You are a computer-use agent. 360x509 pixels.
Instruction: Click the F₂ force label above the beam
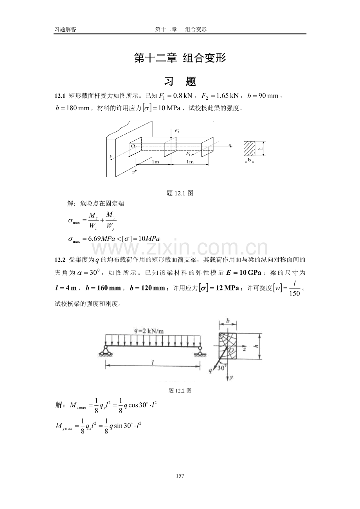click(x=177, y=131)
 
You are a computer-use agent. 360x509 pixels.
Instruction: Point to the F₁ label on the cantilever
click(x=189, y=154)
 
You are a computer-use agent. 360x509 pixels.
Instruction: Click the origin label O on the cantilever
click(x=133, y=146)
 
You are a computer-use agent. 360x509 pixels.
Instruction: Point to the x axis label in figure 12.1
click(x=230, y=145)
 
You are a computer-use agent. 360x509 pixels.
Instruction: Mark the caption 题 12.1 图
click(x=180, y=193)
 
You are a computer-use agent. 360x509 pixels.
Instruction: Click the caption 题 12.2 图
click(x=180, y=390)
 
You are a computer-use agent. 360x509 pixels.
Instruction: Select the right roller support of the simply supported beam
click(x=200, y=350)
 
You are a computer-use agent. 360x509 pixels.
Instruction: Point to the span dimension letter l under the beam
click(x=153, y=362)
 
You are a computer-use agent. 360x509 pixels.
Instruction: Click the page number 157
click(x=180, y=476)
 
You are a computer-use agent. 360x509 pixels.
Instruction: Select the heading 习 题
click(x=180, y=81)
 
